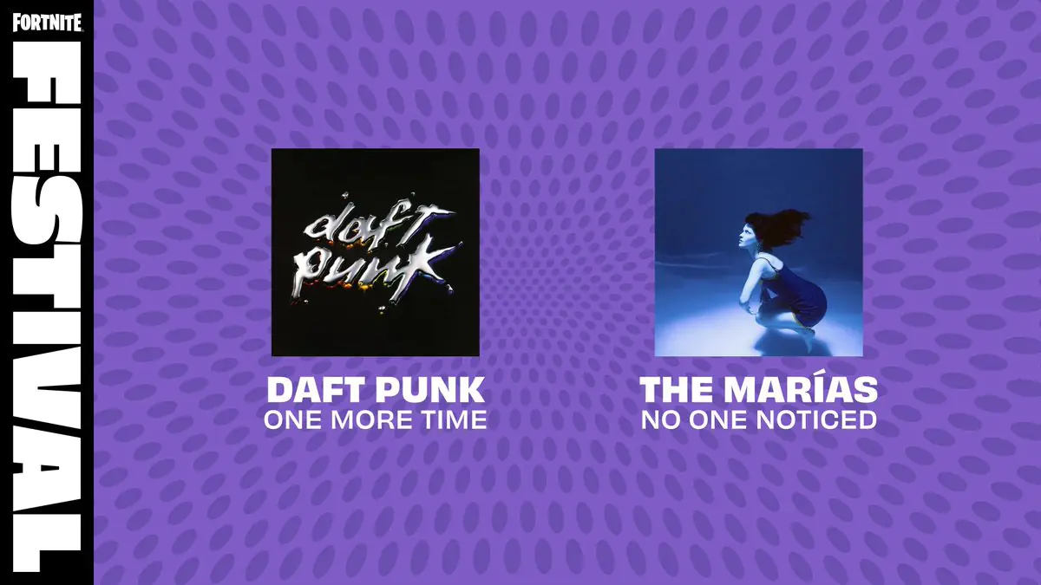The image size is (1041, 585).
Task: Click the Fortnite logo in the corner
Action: point(47,22)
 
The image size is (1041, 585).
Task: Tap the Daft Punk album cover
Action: point(375,252)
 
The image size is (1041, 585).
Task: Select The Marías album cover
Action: point(758,252)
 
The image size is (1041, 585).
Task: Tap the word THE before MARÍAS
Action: point(671,389)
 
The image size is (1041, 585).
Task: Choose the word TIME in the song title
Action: point(452,420)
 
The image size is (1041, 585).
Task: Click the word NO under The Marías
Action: point(656,420)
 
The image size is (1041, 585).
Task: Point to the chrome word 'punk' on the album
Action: point(369,264)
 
